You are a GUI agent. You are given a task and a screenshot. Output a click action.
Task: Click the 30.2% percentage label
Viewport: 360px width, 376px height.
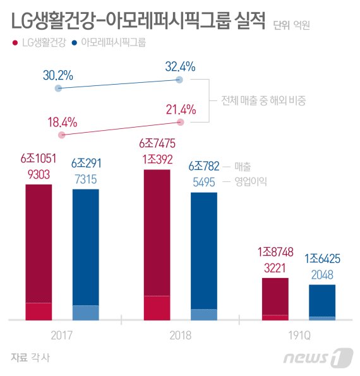[x=58, y=75]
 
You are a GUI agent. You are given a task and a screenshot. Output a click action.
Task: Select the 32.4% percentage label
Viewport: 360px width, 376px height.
[x=180, y=66]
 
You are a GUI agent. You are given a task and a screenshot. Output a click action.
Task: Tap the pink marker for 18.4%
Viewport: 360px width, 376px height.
[x=61, y=135]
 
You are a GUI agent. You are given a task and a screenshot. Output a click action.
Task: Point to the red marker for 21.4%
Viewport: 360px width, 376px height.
[x=181, y=121]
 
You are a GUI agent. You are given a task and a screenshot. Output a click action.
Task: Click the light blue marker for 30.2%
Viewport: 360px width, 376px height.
[x=58, y=88]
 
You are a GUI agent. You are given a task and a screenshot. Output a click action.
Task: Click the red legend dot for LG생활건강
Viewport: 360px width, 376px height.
[x=15, y=43]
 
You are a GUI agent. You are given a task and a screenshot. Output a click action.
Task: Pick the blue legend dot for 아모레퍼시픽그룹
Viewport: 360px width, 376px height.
[x=75, y=43]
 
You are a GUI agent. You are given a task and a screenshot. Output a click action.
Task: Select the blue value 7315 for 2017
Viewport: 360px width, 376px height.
[x=85, y=180]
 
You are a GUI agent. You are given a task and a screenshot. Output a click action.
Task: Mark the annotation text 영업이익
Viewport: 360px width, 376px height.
[x=250, y=181]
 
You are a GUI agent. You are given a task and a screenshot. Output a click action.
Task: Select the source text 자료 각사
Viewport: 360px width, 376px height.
[x=30, y=357]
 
